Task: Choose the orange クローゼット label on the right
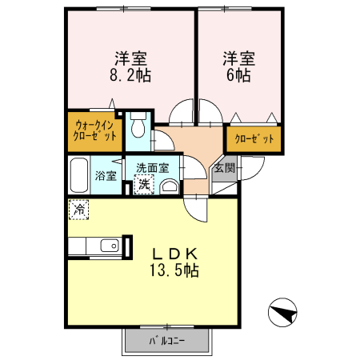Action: click(254, 139)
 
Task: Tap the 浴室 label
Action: click(106, 176)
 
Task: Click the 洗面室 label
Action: click(151, 168)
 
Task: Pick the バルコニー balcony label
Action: click(167, 342)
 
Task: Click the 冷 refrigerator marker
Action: click(78, 210)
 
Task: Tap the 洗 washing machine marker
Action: click(143, 185)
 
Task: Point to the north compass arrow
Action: click(282, 312)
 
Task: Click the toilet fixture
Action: click(138, 126)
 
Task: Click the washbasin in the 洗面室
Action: click(170, 187)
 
